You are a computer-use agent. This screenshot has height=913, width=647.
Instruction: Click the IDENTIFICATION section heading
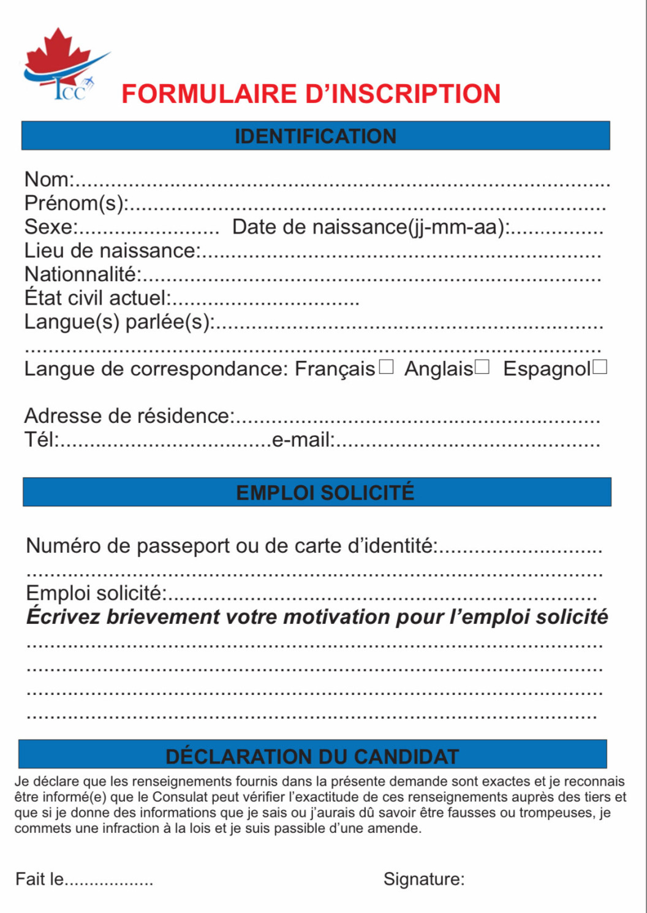click(316, 136)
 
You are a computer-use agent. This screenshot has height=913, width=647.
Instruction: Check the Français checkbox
click(386, 367)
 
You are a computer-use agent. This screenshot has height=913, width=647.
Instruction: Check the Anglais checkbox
click(482, 367)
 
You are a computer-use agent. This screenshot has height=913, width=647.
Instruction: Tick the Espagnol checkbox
click(600, 367)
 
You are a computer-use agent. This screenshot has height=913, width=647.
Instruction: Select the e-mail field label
click(303, 439)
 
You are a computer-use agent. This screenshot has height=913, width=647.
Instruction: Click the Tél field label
click(41, 439)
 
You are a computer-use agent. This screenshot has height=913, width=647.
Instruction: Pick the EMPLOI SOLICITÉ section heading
click(325, 493)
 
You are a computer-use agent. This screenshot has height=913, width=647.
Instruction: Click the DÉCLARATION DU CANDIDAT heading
click(312, 756)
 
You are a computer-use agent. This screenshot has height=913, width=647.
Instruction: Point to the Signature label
click(424, 879)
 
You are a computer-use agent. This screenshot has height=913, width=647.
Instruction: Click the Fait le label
click(40, 879)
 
